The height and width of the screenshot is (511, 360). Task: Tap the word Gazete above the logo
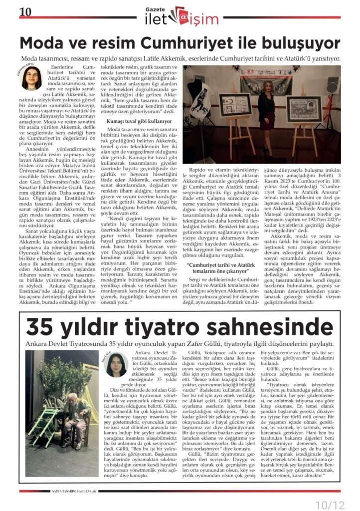click(154, 8)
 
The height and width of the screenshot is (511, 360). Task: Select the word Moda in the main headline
click(44, 43)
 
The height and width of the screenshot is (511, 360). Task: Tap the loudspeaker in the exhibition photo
click(333, 84)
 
